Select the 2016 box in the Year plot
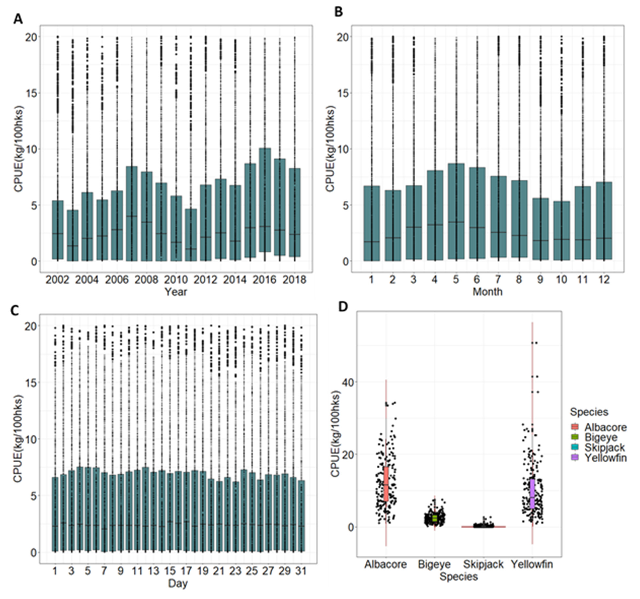pyautogui.click(x=265, y=200)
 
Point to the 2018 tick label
pyautogui.click(x=294, y=280)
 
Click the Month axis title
pyautogui.click(x=487, y=292)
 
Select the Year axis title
pyautogui.click(x=176, y=292)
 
